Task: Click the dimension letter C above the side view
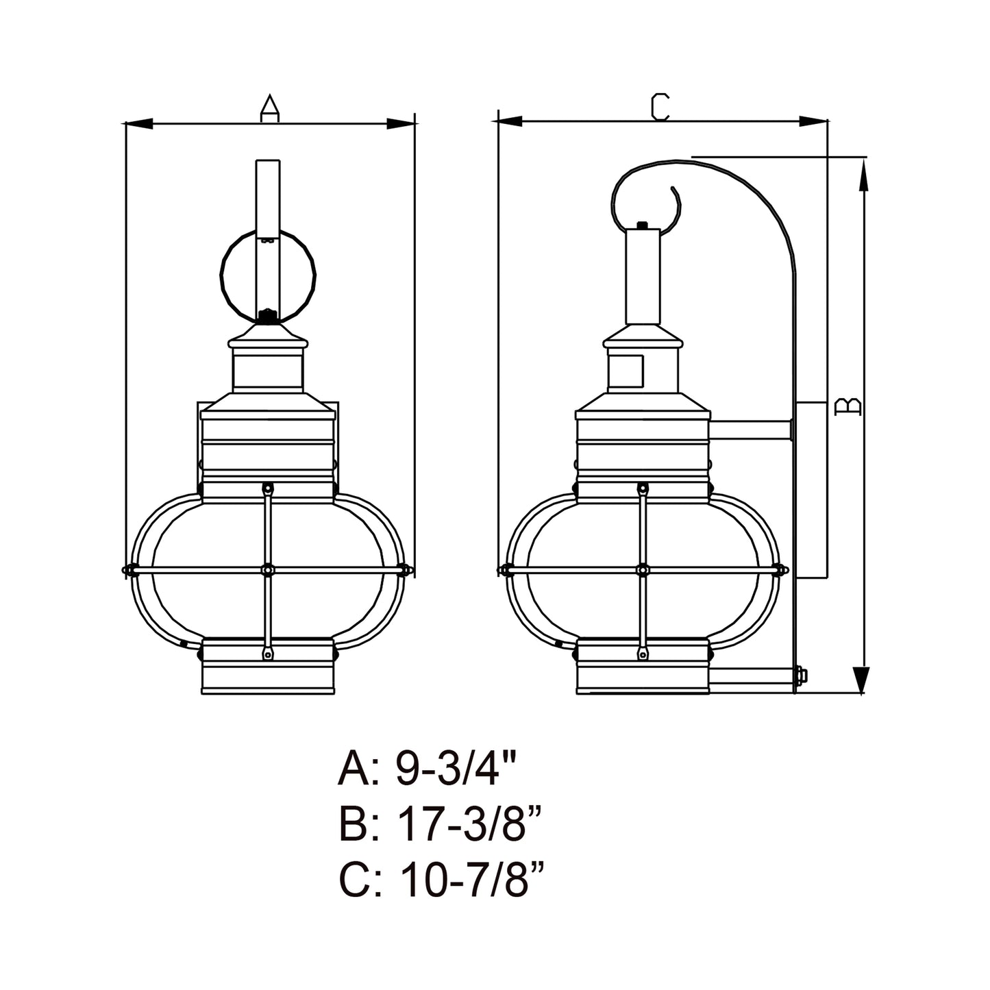tap(660, 107)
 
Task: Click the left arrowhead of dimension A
tap(139, 124)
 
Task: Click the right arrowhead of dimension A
tap(400, 124)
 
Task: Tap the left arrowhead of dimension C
tap(507, 121)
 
